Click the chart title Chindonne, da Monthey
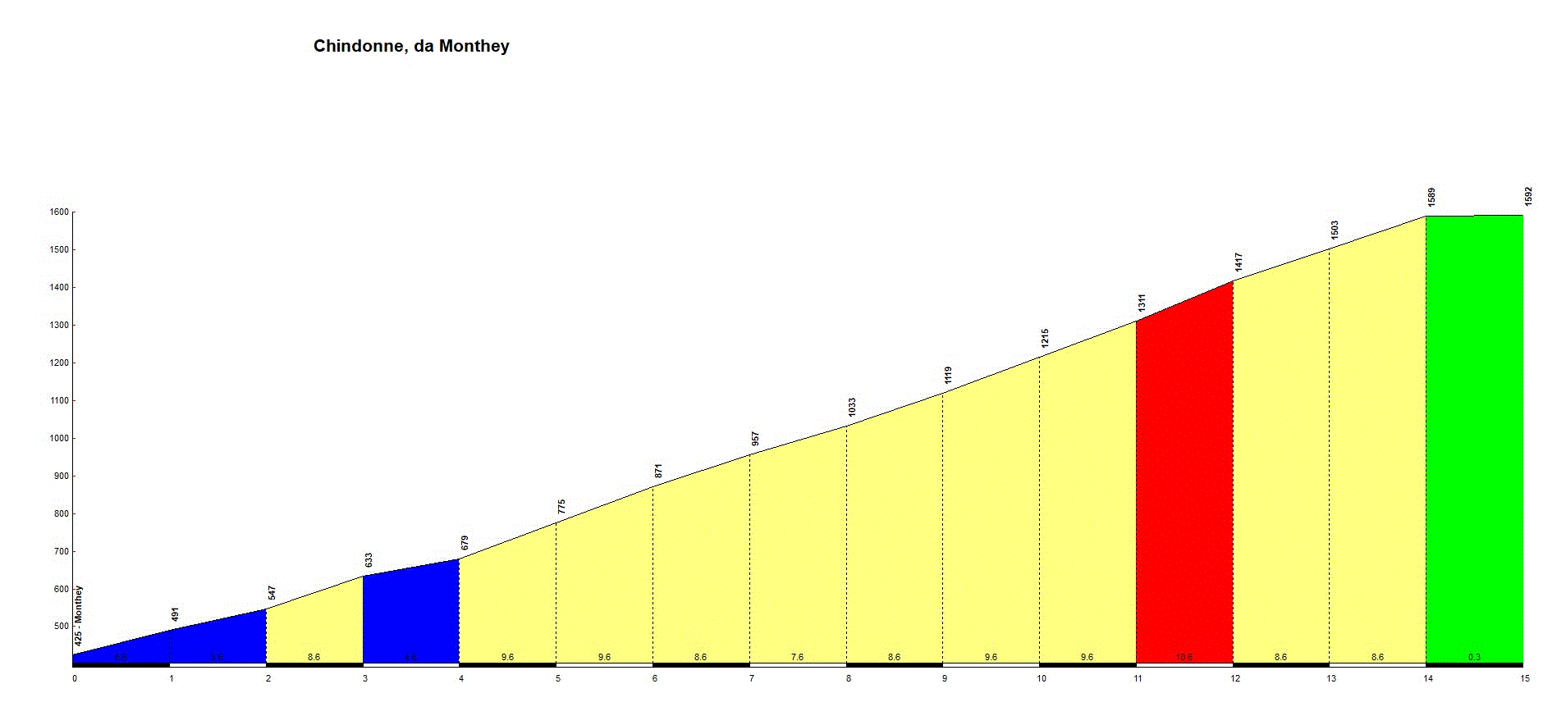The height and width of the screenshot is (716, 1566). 411,46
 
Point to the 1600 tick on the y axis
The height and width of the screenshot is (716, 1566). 59,212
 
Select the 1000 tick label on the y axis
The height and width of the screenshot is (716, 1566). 59,439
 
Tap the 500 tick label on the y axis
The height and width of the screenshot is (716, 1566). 62,627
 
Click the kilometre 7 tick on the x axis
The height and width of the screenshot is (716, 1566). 751,678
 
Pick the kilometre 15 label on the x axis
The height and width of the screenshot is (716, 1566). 1524,678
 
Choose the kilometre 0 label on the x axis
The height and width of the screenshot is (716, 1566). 75,678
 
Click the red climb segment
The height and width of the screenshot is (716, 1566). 1184,492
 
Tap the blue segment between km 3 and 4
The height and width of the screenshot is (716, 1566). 410,615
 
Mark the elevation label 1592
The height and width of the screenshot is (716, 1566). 1528,197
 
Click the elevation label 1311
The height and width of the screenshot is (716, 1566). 1142,303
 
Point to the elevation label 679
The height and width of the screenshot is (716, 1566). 465,543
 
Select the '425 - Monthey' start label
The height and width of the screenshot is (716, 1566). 79,616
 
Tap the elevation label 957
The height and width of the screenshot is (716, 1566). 755,439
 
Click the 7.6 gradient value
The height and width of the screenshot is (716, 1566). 797,657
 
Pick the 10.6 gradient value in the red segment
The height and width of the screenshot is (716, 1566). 1184,657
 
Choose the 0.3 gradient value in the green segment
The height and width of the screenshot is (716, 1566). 1474,657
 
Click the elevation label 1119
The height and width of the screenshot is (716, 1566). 948,376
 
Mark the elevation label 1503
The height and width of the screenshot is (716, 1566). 1335,230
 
